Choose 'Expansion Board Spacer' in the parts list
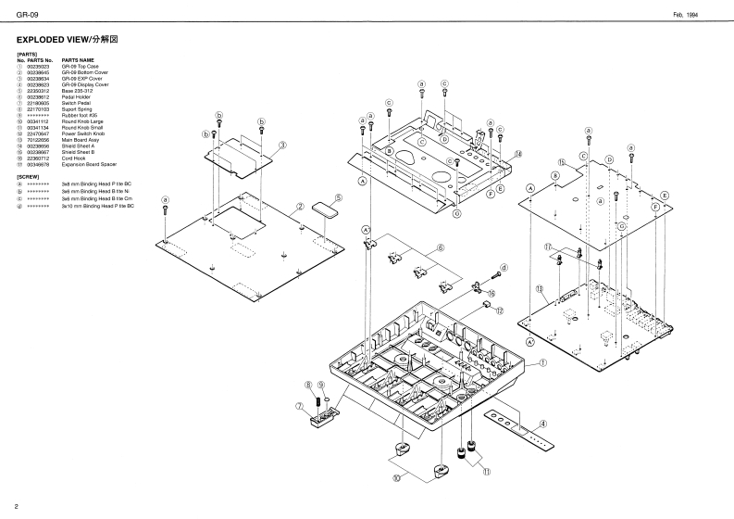click(93, 164)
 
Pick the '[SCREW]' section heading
click(29, 176)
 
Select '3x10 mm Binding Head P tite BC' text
click(97, 206)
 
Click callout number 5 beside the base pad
click(339, 197)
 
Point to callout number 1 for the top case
click(544, 365)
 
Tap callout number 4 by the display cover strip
click(544, 424)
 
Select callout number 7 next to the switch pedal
click(299, 406)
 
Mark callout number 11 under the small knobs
click(486, 471)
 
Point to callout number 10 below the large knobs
click(397, 479)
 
